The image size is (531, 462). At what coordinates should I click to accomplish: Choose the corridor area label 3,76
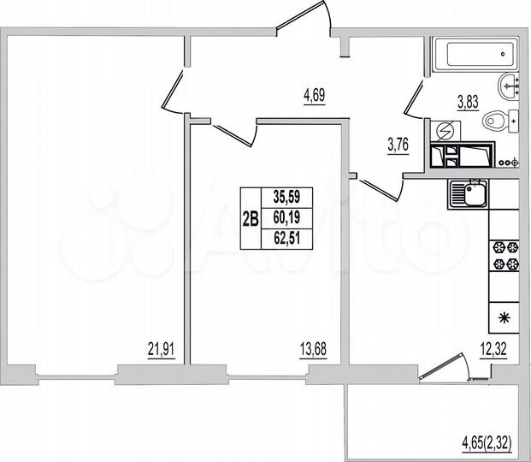tap(398, 144)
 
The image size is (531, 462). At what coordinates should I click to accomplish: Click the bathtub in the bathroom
tap(473, 56)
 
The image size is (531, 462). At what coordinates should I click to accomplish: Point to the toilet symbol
tap(498, 123)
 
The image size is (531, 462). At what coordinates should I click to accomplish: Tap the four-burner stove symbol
tap(502, 258)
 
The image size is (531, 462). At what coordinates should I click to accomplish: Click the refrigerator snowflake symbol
tap(503, 319)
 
